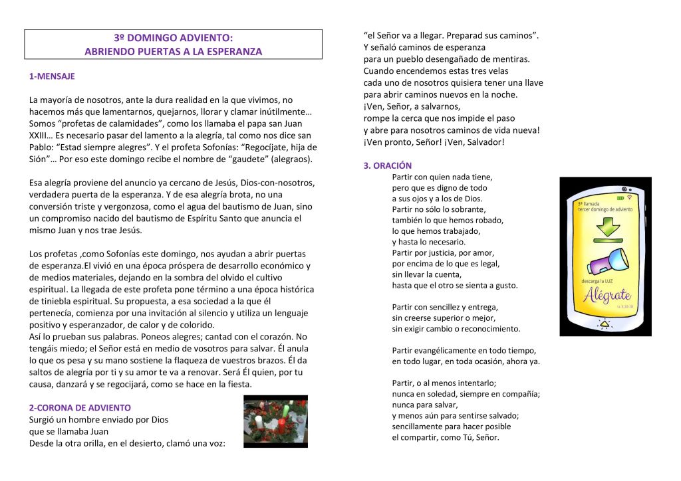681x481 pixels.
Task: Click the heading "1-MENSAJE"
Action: click(52, 76)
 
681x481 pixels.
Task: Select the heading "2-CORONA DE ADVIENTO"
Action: click(80, 407)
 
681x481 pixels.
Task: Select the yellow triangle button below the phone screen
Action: click(605, 325)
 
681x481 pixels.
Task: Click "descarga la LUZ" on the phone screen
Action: click(596, 282)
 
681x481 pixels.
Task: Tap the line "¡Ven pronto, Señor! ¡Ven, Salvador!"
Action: click(434, 142)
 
